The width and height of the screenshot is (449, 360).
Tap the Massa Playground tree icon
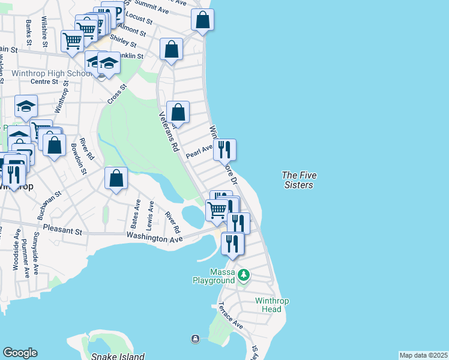pos(243,275)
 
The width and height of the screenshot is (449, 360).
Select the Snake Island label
pos(118,356)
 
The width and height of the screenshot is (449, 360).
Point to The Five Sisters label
pos(299,180)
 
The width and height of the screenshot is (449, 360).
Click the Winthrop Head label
pos(268,305)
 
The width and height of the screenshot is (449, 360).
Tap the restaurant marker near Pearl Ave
pos(225,151)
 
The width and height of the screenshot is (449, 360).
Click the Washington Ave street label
pos(154,238)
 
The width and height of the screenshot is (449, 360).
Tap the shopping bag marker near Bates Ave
pos(116,178)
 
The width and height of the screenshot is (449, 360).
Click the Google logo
pos(20,353)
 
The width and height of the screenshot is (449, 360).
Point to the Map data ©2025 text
pos(423,355)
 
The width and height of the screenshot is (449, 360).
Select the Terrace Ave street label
pos(231,316)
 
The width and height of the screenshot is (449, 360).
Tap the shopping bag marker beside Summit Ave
pos(203,20)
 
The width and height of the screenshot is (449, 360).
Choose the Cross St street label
pos(118,94)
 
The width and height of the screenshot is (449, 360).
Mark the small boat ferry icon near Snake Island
pos(195,340)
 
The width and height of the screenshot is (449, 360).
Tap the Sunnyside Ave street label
pos(38,247)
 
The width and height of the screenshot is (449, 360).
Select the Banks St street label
pos(29,31)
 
